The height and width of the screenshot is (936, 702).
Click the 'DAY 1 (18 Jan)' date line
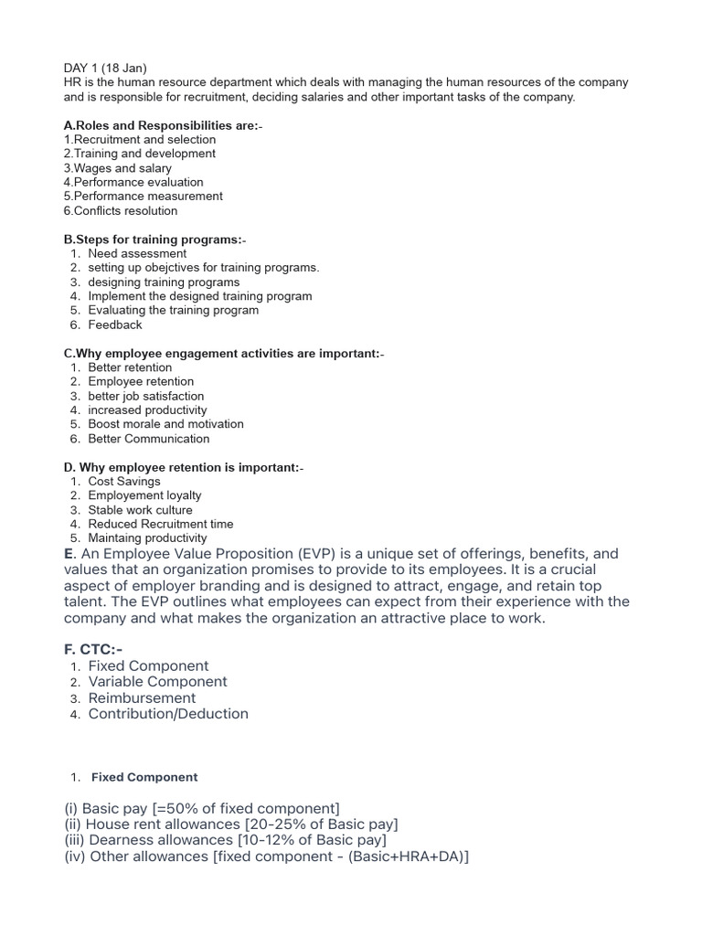pyautogui.click(x=104, y=68)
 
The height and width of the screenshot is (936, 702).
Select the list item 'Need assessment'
pyautogui.click(x=137, y=253)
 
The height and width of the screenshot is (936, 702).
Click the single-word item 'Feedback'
pyautogui.click(x=115, y=324)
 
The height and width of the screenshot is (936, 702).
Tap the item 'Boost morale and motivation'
pyautogui.click(x=165, y=424)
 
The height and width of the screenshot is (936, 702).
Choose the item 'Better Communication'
pyautogui.click(x=148, y=439)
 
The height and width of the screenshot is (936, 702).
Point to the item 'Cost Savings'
pyautogui.click(x=124, y=481)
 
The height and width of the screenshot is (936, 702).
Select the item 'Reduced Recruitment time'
pyautogui.click(x=160, y=524)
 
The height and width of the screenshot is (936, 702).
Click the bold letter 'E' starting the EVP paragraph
pyautogui.click(x=69, y=554)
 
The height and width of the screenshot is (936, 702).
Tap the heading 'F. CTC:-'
pyautogui.click(x=93, y=649)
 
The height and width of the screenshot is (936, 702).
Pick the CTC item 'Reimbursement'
pyautogui.click(x=142, y=697)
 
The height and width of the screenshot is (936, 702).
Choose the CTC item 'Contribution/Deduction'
pyautogui.click(x=168, y=714)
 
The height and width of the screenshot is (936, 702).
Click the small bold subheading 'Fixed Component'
pyautogui.click(x=144, y=777)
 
